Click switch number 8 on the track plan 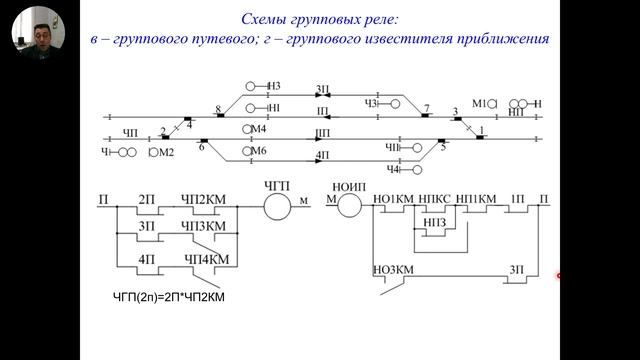tap(217, 107)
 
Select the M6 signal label tap(259, 150)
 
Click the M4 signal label tap(259, 129)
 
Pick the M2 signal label tap(166, 152)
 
